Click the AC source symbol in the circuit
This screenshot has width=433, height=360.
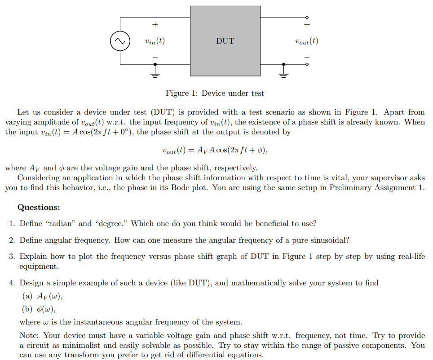pyautogui.click(x=120, y=41)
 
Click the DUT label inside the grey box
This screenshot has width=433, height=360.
pyautogui.click(x=225, y=41)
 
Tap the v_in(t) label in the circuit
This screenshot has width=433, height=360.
pyautogui.click(x=155, y=41)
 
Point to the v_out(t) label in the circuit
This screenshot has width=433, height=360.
pyautogui.click(x=307, y=41)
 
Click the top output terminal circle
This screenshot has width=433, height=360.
pyautogui.click(x=307, y=18)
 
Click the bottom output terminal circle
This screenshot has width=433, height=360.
pyautogui.click(x=307, y=64)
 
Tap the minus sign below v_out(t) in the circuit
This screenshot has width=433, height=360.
pyautogui.click(x=307, y=57)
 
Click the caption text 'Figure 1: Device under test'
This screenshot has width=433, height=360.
pyautogui.click(x=215, y=93)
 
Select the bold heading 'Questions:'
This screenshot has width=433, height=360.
pyautogui.click(x=39, y=207)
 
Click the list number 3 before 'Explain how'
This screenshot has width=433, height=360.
pyautogui.click(x=12, y=257)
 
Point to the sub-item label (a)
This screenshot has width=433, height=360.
pyautogui.click(x=27, y=296)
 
